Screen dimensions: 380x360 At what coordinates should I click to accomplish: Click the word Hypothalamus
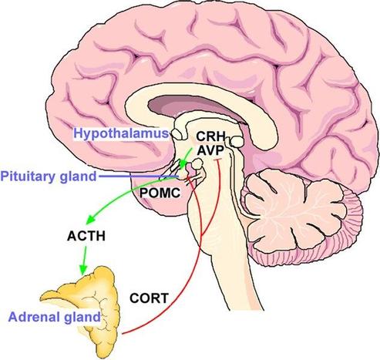click(x=121, y=133)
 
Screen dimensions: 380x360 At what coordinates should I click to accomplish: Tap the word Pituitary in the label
click(x=29, y=177)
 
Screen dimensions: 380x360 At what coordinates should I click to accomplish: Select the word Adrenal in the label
click(x=33, y=317)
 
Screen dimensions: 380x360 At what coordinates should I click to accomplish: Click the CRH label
click(x=210, y=136)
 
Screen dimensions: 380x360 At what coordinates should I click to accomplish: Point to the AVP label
click(x=210, y=150)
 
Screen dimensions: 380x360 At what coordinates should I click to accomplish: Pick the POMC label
click(x=160, y=193)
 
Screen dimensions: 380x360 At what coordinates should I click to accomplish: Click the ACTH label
click(x=86, y=236)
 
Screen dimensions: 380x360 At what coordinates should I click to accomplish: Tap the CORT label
click(x=149, y=298)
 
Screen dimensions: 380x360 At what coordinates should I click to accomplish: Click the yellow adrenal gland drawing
click(x=98, y=303)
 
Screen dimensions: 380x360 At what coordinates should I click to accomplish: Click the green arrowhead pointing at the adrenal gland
click(x=82, y=270)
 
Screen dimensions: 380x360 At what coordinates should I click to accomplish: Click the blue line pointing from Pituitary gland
click(x=139, y=177)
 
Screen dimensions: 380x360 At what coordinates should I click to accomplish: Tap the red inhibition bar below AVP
click(x=218, y=160)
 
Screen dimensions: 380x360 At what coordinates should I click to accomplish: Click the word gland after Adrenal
click(x=82, y=318)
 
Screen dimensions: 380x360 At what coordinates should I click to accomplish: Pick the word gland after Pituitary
click(x=78, y=177)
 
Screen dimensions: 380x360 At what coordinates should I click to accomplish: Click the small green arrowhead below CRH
click(x=183, y=163)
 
